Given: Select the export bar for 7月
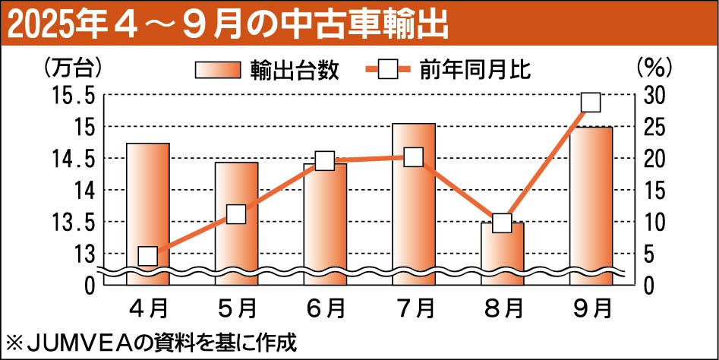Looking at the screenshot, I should (x=414, y=205).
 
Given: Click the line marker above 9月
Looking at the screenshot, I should (x=591, y=103).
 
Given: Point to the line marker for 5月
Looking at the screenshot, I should (x=236, y=214).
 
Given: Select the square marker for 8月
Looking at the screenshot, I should (x=502, y=223).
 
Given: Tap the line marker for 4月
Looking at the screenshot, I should (x=147, y=256).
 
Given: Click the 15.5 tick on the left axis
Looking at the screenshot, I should (x=74, y=96).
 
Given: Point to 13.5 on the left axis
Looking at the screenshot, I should (x=74, y=223).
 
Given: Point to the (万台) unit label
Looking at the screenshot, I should (x=73, y=67).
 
